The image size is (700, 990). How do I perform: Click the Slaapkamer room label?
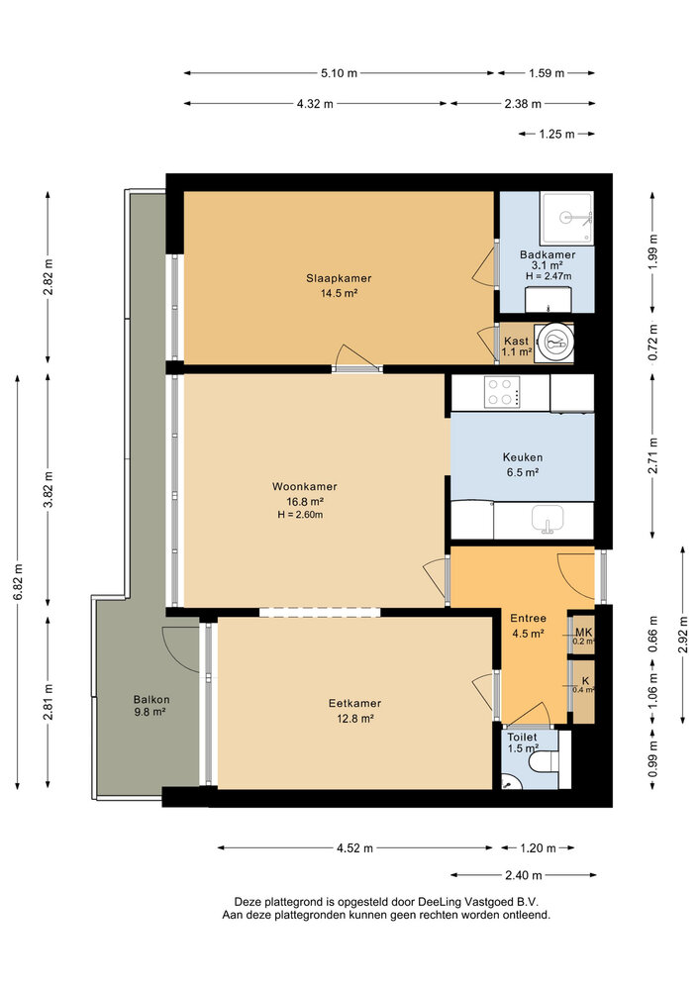tap(339, 278)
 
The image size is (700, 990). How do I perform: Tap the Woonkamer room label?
tap(304, 487)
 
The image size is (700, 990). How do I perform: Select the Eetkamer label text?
tap(354, 703)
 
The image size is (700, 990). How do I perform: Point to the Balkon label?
tap(151, 700)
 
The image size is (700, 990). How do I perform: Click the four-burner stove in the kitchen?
tap(502, 392)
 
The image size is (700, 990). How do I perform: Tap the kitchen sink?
tap(548, 519)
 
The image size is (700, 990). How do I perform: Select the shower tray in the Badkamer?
tap(566, 218)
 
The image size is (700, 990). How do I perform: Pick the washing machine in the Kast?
tap(553, 345)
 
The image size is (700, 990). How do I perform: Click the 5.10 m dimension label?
tap(339, 73)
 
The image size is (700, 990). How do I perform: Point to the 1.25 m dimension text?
tap(556, 134)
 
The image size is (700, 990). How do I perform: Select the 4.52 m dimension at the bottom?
tap(354, 848)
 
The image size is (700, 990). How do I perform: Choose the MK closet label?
tap(584, 632)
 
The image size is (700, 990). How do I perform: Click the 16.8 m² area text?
tap(305, 502)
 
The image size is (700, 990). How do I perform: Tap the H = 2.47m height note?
tap(549, 276)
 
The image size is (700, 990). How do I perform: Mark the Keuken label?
tap(523, 457)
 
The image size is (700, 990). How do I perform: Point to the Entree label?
tap(529, 619)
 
